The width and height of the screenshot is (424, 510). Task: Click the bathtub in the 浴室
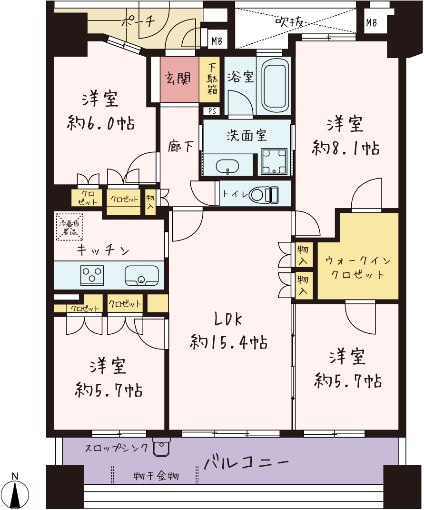click(275, 86)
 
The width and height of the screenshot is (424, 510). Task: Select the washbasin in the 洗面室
click(227, 166)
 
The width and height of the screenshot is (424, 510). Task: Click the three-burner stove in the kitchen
click(92, 275)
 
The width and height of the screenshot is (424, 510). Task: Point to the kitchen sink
click(142, 275)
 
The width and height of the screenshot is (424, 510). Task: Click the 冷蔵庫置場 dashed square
click(69, 227)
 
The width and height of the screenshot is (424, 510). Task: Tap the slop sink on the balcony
click(161, 448)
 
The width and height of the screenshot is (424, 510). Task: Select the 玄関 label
click(177, 79)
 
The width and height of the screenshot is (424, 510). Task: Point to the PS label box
click(212, 111)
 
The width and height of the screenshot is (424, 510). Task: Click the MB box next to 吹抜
click(371, 22)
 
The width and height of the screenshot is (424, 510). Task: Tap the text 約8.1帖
click(345, 148)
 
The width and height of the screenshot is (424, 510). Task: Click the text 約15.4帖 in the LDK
click(228, 342)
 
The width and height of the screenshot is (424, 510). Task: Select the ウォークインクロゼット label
click(358, 267)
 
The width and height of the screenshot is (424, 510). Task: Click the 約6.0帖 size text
click(101, 123)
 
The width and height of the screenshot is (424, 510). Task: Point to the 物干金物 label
click(157, 476)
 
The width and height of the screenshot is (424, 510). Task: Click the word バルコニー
click(246, 462)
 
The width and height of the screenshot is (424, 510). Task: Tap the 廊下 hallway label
click(181, 147)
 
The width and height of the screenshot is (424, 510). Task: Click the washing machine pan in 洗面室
click(275, 161)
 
